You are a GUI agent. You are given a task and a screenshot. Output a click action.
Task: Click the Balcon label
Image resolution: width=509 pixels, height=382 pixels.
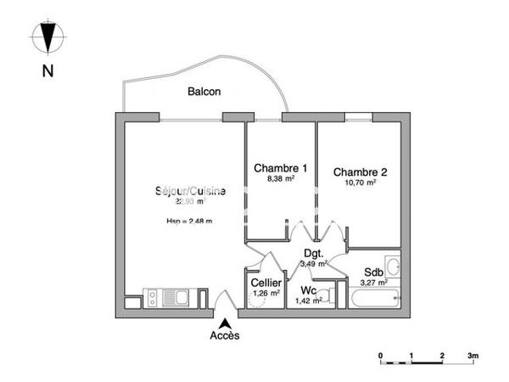point(204,92)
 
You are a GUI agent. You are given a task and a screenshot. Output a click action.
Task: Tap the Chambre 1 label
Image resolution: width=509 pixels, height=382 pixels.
point(280,168)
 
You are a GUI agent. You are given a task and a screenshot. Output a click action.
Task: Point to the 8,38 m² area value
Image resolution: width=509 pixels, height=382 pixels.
point(280,180)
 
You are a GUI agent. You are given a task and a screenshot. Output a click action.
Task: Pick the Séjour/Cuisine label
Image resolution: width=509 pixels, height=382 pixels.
point(189,191)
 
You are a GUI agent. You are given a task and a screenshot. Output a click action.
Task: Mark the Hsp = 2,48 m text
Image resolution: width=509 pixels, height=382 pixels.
point(188,222)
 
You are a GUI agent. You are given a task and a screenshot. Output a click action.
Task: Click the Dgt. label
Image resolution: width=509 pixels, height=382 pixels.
point(314,252)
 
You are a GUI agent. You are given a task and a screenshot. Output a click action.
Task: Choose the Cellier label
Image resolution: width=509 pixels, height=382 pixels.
point(265,284)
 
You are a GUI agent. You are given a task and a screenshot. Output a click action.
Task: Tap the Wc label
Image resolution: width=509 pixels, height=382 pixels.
point(308,289)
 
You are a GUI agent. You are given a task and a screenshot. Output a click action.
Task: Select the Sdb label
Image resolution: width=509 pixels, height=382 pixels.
point(373,272)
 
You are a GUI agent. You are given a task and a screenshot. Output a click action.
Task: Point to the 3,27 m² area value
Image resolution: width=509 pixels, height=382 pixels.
point(373,283)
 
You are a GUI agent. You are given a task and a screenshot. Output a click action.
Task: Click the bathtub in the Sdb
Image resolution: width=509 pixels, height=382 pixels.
point(374,300)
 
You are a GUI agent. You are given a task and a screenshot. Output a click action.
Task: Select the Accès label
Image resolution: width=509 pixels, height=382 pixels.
point(225,335)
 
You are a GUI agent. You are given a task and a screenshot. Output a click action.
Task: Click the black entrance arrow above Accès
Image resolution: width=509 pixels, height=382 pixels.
point(225,323)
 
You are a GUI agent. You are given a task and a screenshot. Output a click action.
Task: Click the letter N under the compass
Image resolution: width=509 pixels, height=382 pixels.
point(48,71)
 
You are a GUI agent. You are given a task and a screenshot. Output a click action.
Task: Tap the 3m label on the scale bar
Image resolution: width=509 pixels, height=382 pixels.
point(473,354)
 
